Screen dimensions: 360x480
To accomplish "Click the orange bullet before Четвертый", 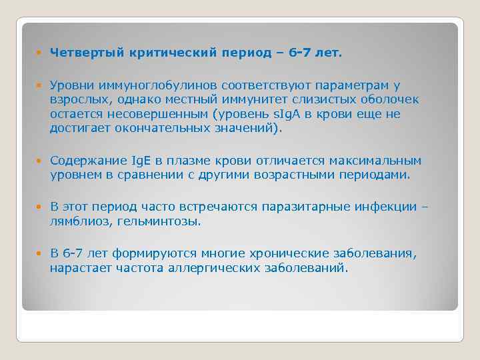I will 41,53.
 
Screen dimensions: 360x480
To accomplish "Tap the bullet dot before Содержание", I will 41,161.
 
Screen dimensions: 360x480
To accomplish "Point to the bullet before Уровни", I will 41,86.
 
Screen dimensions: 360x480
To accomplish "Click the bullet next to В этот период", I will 41,207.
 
